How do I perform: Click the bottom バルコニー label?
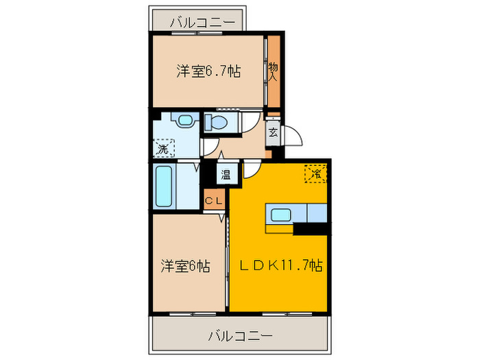tap(239, 336)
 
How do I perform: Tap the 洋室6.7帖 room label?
tap(208, 71)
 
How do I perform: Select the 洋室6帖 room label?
tap(186, 265)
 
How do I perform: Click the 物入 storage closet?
tap(273, 72)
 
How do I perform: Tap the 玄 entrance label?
tap(273, 133)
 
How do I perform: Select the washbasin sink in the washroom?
tap(183, 121)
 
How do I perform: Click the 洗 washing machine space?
tap(163, 147)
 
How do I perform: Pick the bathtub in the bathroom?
tap(165, 187)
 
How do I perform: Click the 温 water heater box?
tap(226, 174)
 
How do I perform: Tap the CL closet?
tap(213, 201)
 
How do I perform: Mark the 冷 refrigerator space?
tap(315, 174)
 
